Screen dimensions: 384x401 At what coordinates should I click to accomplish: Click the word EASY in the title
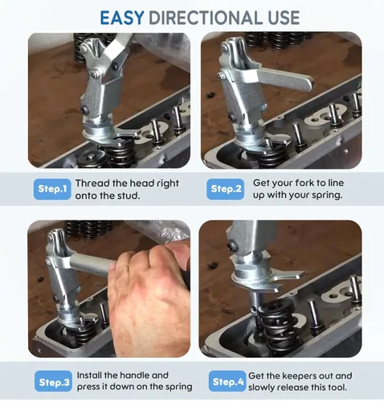pos(122,18)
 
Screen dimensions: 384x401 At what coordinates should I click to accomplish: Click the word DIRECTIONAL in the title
pos(206,18)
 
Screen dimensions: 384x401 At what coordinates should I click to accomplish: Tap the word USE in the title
pos(284,18)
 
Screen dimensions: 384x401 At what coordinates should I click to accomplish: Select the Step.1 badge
pos(52,189)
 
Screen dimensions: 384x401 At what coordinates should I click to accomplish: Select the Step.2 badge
pos(226,189)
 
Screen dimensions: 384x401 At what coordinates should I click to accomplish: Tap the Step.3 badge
pos(53,382)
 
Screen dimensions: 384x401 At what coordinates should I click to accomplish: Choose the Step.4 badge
pos(227,381)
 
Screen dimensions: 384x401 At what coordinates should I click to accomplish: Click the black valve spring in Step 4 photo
pos(277,325)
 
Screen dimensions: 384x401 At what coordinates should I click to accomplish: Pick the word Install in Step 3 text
pos(89,375)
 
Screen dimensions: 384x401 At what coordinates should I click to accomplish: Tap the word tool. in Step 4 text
pos(337,387)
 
